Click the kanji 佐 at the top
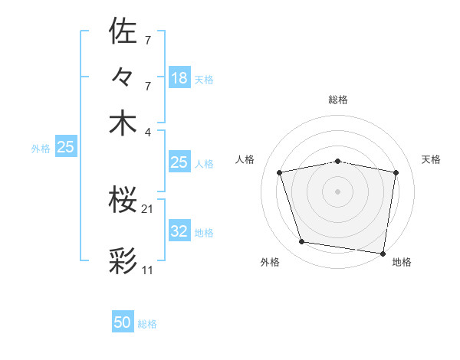click(x=123, y=31)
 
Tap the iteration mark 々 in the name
click(x=123, y=78)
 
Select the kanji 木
click(x=123, y=124)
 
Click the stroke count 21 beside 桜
click(x=148, y=208)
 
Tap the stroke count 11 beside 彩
click(x=148, y=270)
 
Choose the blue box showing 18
click(x=179, y=78)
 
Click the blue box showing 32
click(x=179, y=232)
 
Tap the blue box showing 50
click(x=123, y=322)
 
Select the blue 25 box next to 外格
click(x=65, y=148)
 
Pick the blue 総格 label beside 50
click(x=147, y=324)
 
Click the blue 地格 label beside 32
click(x=204, y=233)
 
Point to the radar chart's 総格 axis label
click(x=338, y=100)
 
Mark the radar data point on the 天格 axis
click(x=396, y=172)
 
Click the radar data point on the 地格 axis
click(x=383, y=253)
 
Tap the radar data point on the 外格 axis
click(x=302, y=242)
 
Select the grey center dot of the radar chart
click(x=338, y=191)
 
